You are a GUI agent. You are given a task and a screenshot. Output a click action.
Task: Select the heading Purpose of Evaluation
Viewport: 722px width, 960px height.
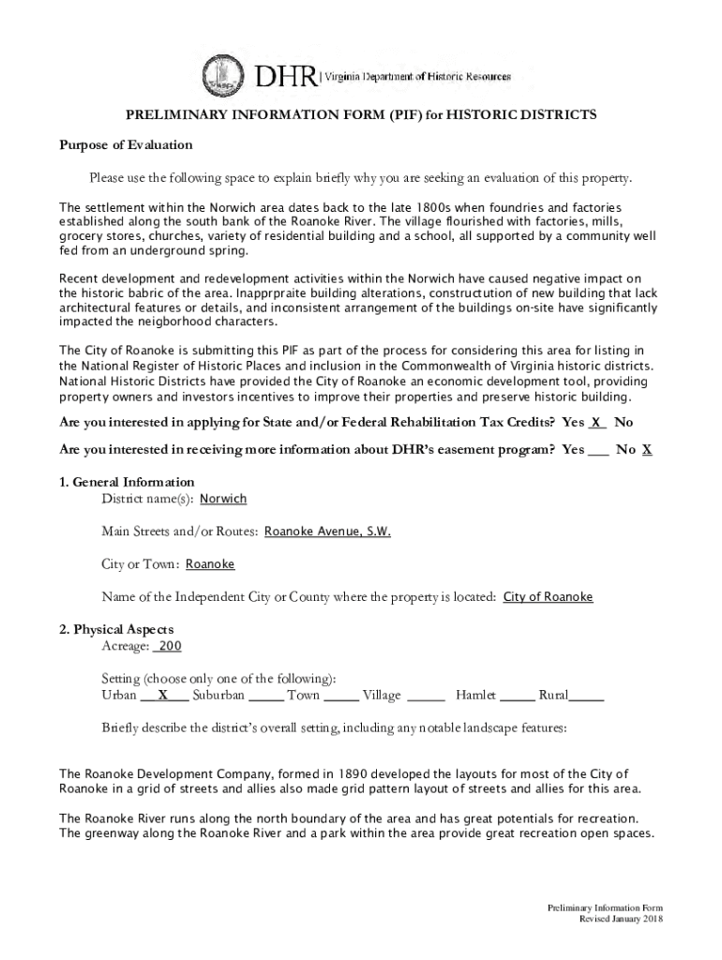pos(126,145)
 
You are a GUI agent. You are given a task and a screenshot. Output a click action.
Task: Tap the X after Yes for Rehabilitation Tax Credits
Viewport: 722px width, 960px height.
pos(595,423)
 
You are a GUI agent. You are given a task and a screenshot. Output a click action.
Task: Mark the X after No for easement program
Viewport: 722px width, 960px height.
pos(647,450)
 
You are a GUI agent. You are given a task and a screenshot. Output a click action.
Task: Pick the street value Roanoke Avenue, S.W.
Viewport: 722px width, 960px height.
pos(327,532)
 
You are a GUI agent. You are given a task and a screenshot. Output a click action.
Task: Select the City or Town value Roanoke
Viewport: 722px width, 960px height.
pos(210,564)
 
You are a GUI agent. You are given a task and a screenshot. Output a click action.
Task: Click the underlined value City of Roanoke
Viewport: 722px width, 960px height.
pos(548,597)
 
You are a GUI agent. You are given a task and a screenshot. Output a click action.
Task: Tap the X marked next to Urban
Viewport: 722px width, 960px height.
pos(163,696)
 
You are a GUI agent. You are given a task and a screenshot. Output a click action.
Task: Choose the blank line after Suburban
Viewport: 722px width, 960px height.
pos(266,696)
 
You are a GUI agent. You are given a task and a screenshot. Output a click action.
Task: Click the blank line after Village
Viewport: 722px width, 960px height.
pos(427,696)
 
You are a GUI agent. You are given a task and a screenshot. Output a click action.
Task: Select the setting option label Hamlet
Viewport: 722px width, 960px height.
pos(476,696)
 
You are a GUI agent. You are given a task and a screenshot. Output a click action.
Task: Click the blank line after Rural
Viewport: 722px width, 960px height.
pos(586,696)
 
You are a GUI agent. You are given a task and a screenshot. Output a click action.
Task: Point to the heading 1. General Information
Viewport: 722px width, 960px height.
pos(127,483)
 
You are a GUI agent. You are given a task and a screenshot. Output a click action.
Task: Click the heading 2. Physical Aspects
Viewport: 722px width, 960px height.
pos(116,629)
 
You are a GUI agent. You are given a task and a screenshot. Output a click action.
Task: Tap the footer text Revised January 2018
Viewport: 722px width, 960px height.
pos(620,920)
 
